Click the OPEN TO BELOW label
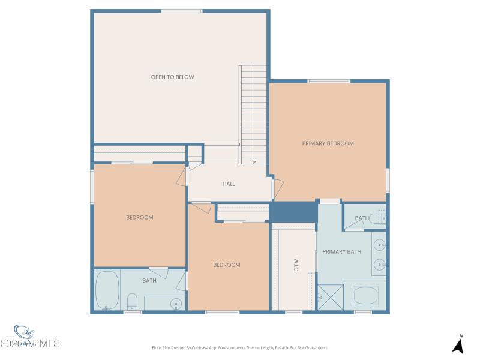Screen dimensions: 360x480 click(x=172, y=77)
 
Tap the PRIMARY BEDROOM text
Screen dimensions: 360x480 click(x=328, y=143)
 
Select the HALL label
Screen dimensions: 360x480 click(x=229, y=184)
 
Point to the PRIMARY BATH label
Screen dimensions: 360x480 click(x=342, y=251)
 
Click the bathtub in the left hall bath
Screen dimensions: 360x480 click(x=107, y=290)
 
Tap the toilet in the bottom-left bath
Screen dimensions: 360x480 click(x=133, y=300)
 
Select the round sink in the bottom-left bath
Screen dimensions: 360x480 click(x=176, y=302)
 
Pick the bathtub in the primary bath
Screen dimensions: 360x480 click(x=365, y=295)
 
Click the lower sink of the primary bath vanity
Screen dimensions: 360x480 click(x=379, y=265)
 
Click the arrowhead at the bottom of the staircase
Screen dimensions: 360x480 click(x=254, y=161)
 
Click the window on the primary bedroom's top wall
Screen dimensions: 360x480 click(x=329, y=81)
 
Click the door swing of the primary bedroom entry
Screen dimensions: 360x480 click(x=278, y=187)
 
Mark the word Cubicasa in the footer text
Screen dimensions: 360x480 click(x=212, y=347)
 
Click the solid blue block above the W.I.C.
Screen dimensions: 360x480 click(x=293, y=212)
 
